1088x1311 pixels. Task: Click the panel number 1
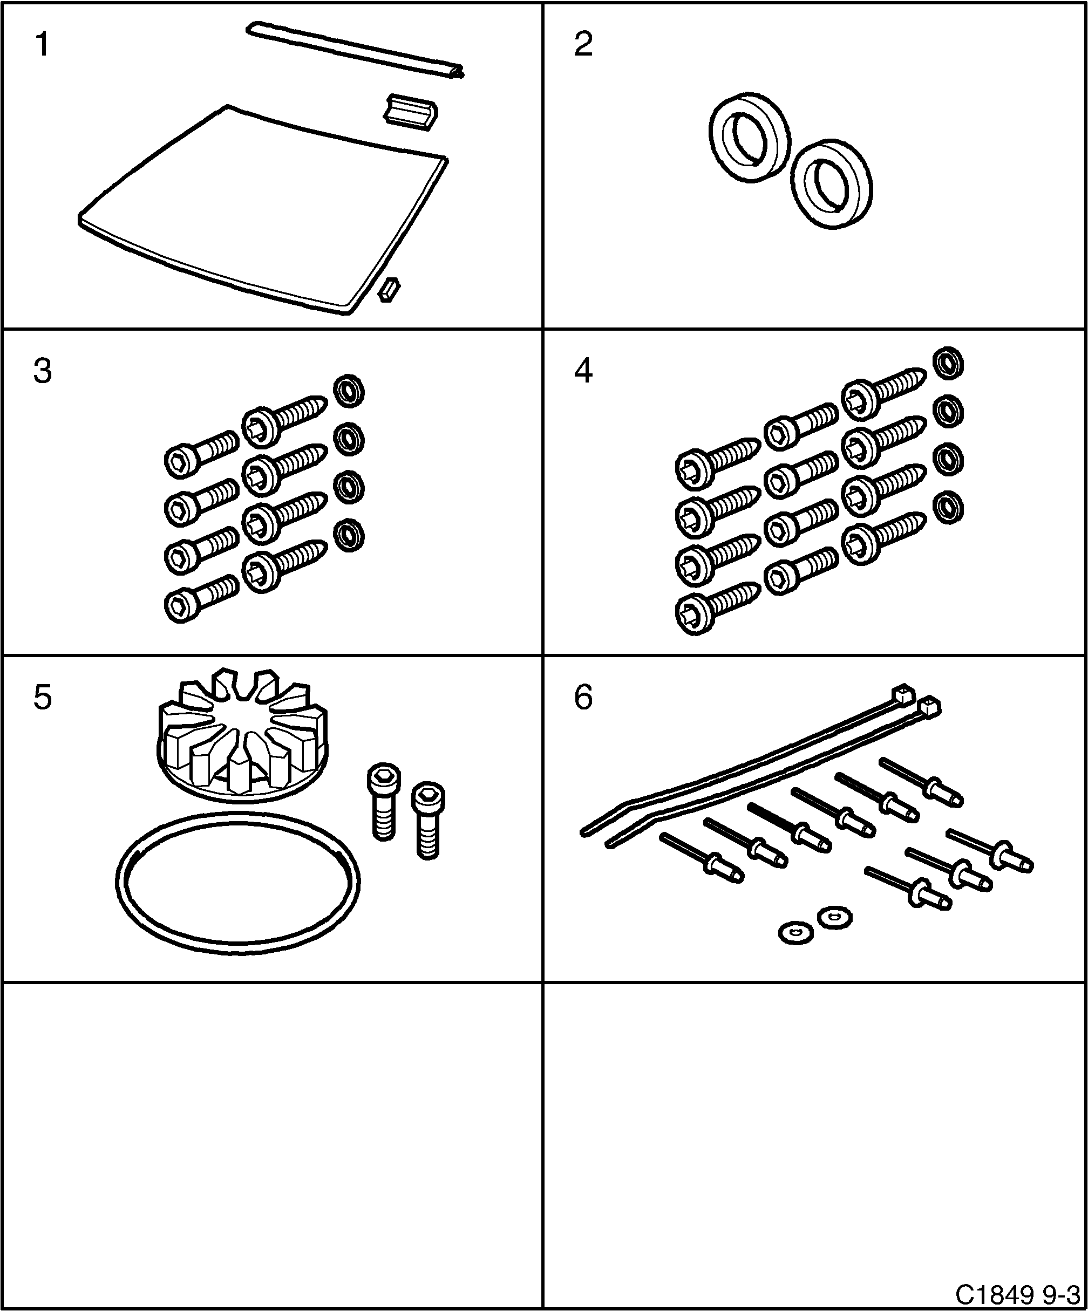(42, 45)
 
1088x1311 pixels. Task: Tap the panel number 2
(583, 45)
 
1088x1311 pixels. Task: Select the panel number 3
(42, 371)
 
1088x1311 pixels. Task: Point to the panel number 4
(583, 371)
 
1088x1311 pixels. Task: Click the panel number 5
(42, 698)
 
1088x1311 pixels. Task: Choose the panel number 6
(583, 698)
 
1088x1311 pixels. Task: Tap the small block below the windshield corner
(389, 290)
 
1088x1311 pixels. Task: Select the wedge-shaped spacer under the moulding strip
(410, 111)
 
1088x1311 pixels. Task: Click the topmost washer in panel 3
(349, 392)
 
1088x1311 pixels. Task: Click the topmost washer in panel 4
(948, 363)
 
